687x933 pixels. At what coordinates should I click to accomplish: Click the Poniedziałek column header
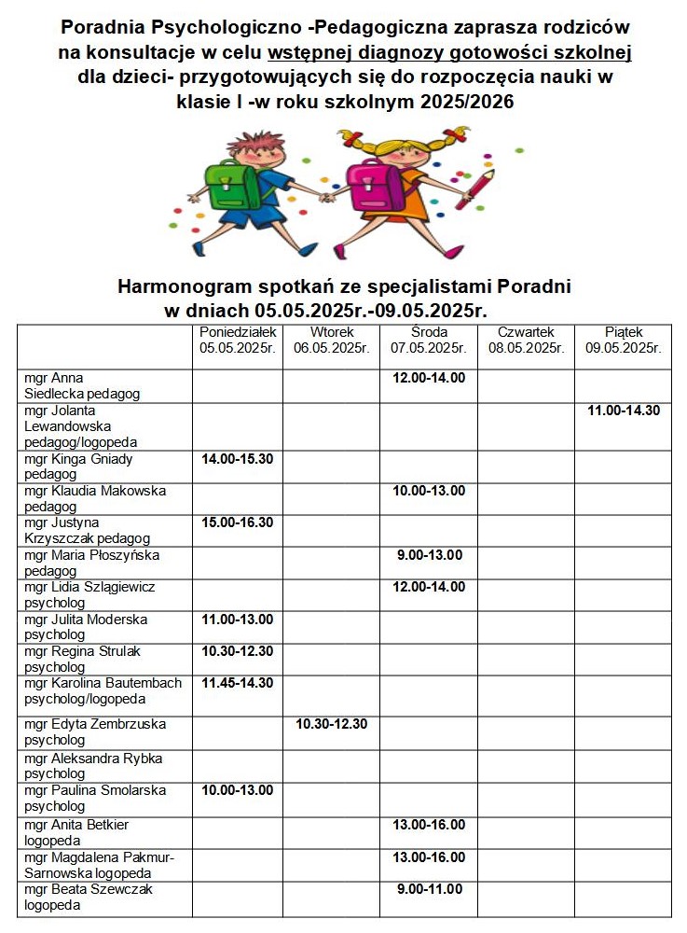point(238,341)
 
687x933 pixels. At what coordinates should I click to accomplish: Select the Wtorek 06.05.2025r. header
point(332,341)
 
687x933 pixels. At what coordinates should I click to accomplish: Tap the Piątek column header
point(624,341)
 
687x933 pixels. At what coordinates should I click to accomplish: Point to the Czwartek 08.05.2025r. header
point(526,341)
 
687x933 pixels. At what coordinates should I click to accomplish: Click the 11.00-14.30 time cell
point(624,411)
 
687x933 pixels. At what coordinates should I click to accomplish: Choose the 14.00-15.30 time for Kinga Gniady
point(238,459)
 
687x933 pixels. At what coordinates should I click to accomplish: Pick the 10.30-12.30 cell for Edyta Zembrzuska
point(332,724)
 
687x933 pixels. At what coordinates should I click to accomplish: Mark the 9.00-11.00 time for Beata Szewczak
point(429,889)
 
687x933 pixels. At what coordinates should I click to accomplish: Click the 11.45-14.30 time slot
point(238,683)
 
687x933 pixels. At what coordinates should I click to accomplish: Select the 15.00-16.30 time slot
point(238,522)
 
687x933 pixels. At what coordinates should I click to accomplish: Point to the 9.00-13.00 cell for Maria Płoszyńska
point(429,555)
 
